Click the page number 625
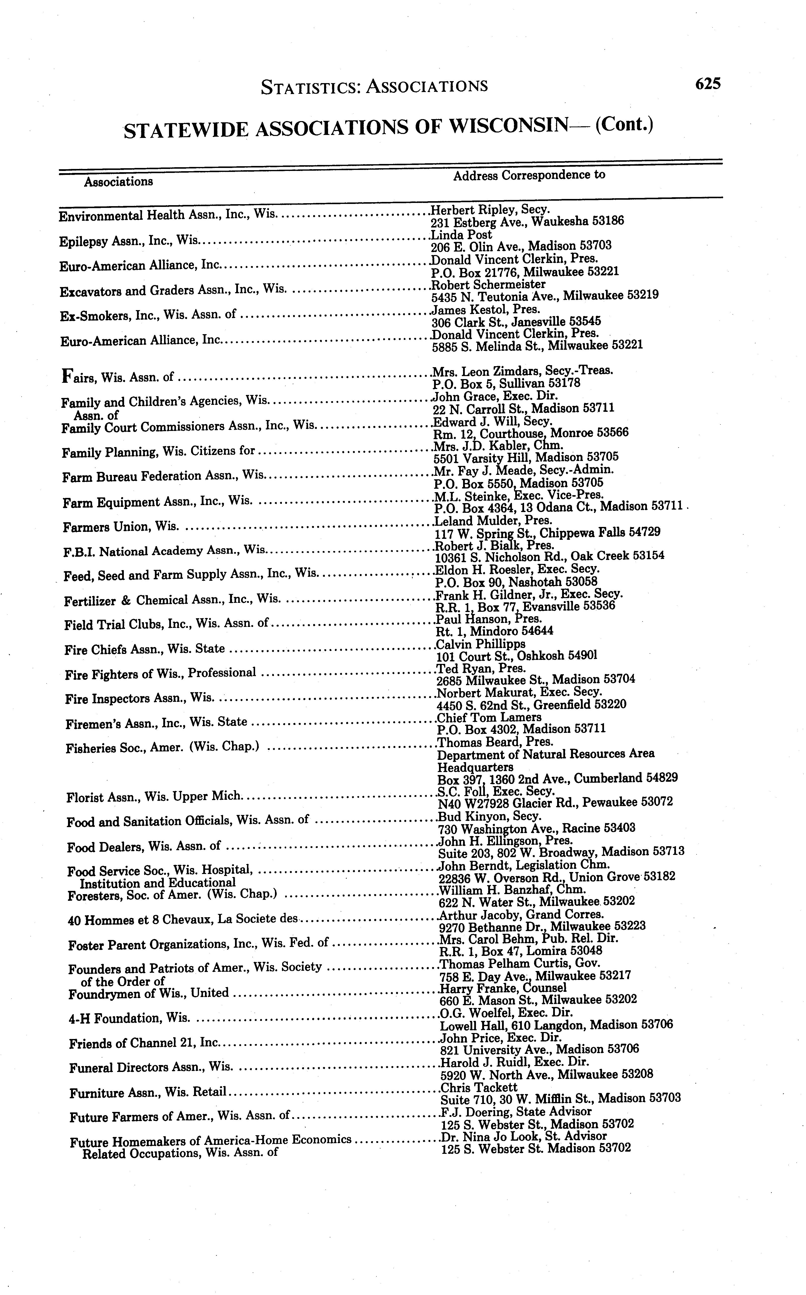707,84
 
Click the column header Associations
118,182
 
